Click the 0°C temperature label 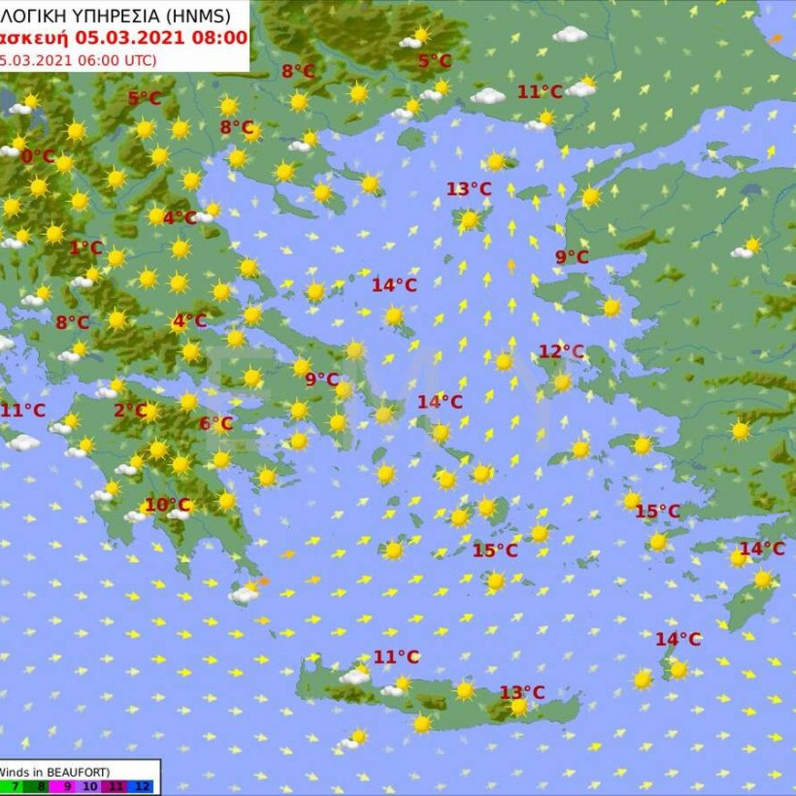38,156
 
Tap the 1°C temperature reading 85,248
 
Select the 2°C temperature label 129,411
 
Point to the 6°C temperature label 216,423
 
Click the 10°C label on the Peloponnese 167,505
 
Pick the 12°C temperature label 561,351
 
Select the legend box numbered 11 118,787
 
